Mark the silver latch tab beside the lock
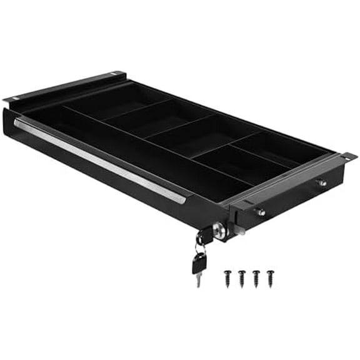(240, 229)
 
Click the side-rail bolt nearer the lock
(261, 212)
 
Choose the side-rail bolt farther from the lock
(321, 182)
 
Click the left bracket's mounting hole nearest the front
(14, 98)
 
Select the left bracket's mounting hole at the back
(114, 74)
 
